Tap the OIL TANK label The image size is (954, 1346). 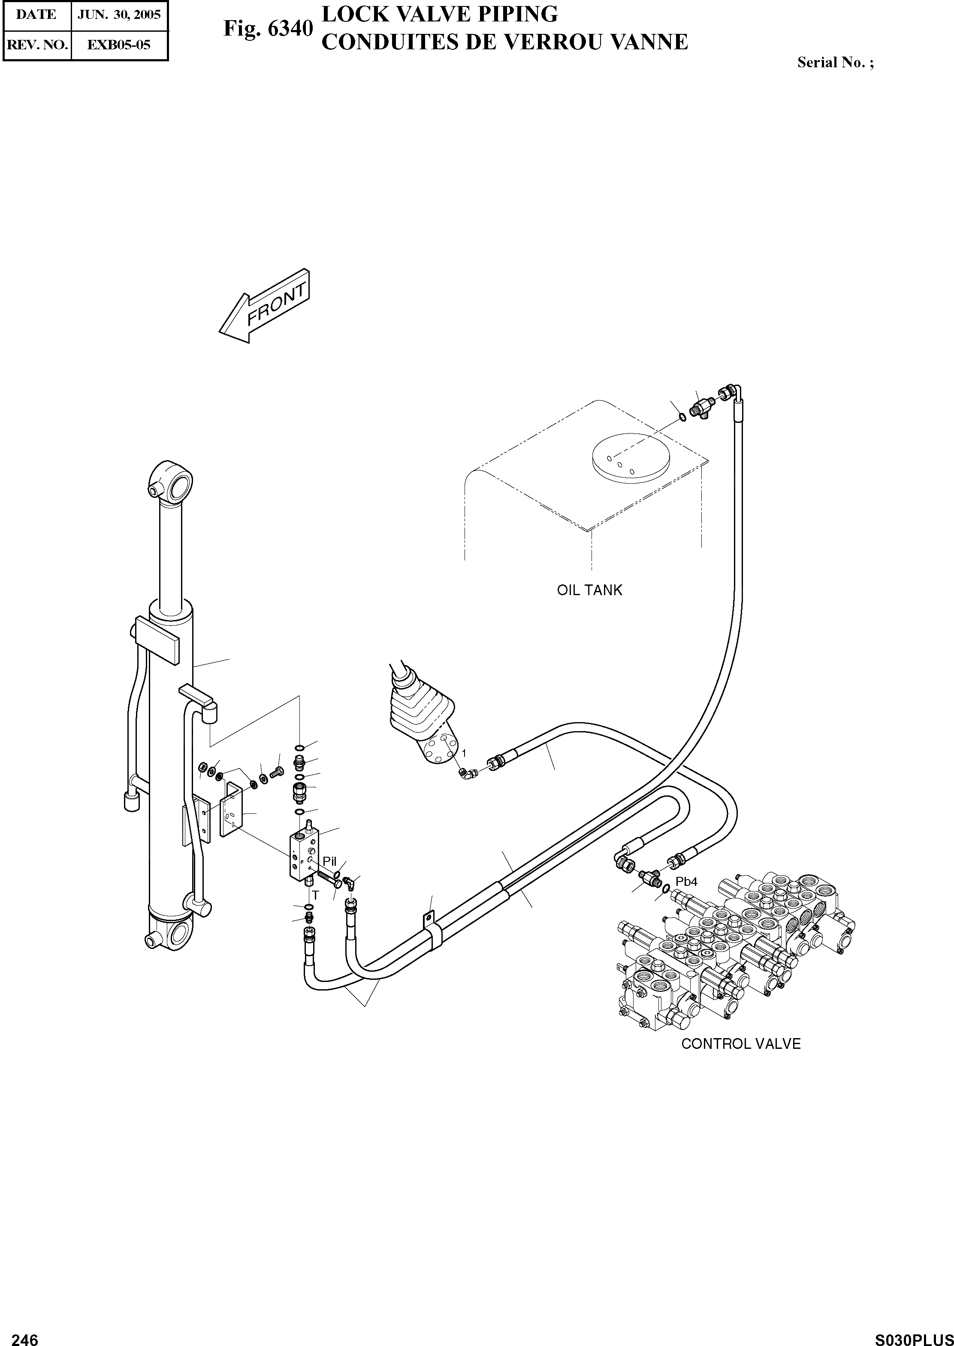[589, 590]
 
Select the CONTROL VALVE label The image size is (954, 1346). [740, 1044]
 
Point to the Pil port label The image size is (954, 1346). [329, 861]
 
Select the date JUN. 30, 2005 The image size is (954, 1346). [119, 15]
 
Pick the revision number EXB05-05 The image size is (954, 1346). [119, 45]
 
